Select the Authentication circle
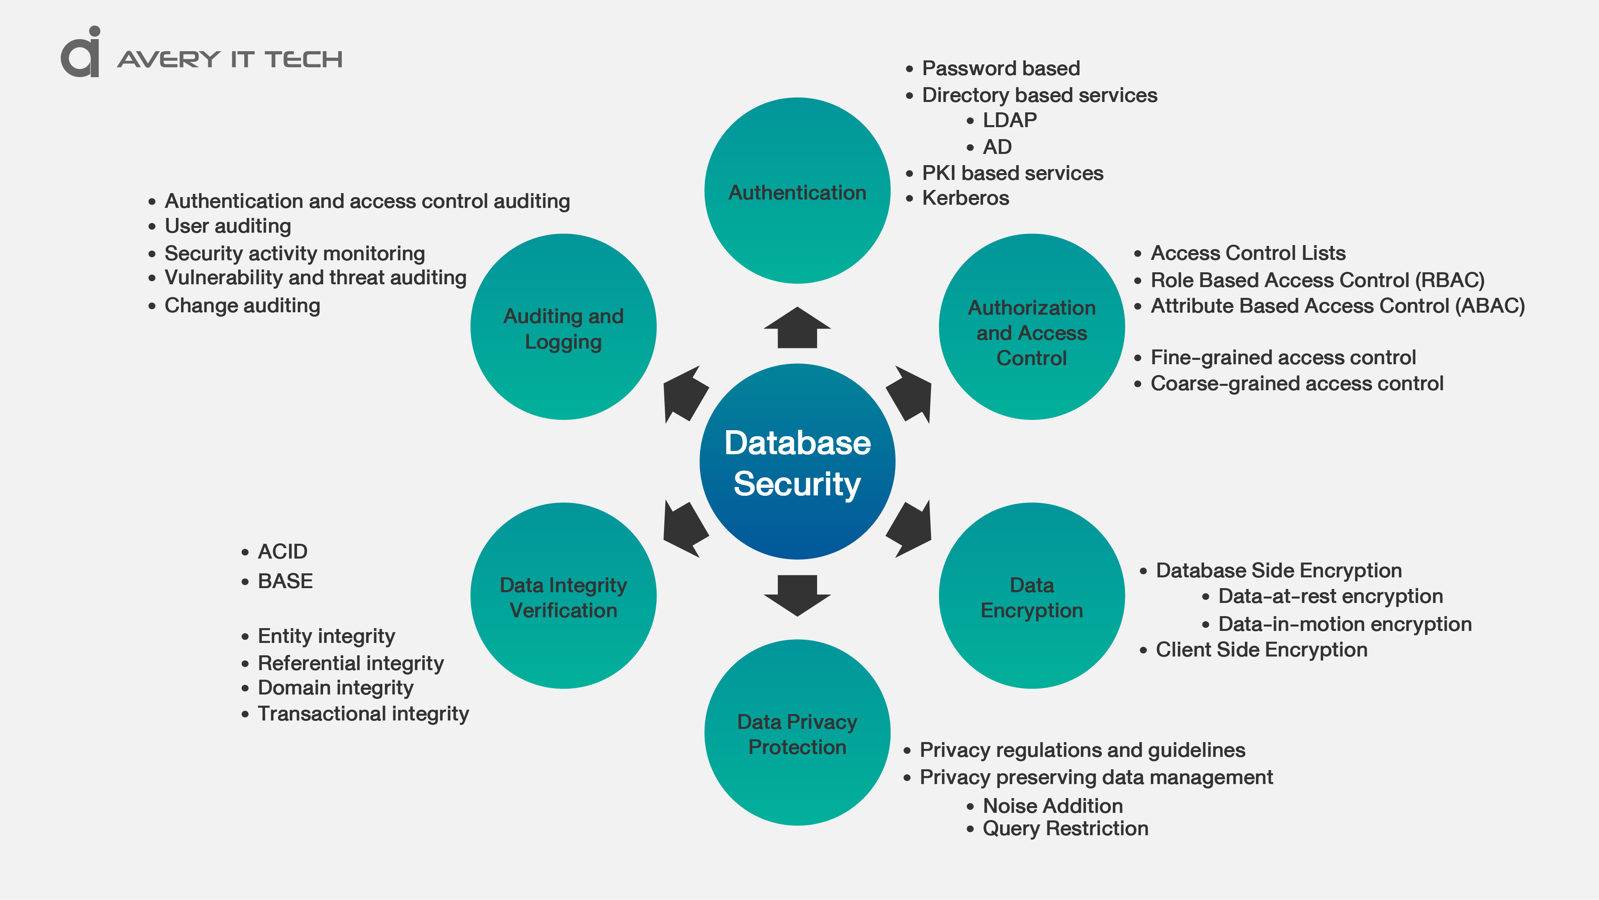click(797, 191)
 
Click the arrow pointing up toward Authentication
click(797, 329)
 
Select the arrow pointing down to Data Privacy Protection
click(797, 595)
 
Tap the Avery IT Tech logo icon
click(81, 53)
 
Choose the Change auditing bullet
click(242, 305)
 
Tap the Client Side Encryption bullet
click(1261, 650)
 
